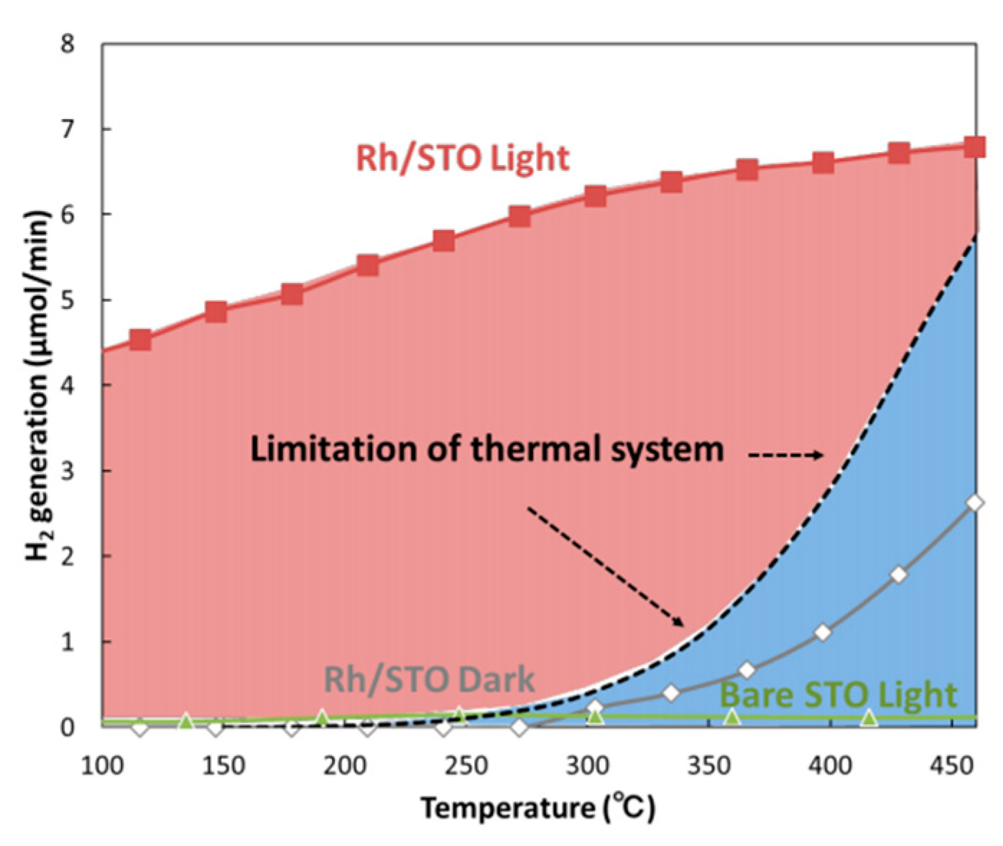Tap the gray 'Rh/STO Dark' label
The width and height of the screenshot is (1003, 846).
430,679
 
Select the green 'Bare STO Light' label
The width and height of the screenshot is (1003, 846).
838,694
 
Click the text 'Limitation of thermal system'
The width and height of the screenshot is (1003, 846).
486,450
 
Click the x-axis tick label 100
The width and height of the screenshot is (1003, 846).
101,766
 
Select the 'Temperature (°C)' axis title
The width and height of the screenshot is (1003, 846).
537,808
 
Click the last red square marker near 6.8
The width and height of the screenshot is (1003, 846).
974,147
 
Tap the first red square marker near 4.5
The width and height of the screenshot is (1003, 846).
140,339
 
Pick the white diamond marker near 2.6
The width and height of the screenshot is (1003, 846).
974,503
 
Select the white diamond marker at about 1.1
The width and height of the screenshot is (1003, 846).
823,633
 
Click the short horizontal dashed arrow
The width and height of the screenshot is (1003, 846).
785,455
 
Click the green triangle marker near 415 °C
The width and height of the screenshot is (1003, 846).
869,718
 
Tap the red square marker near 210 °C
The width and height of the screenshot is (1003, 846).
367,266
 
